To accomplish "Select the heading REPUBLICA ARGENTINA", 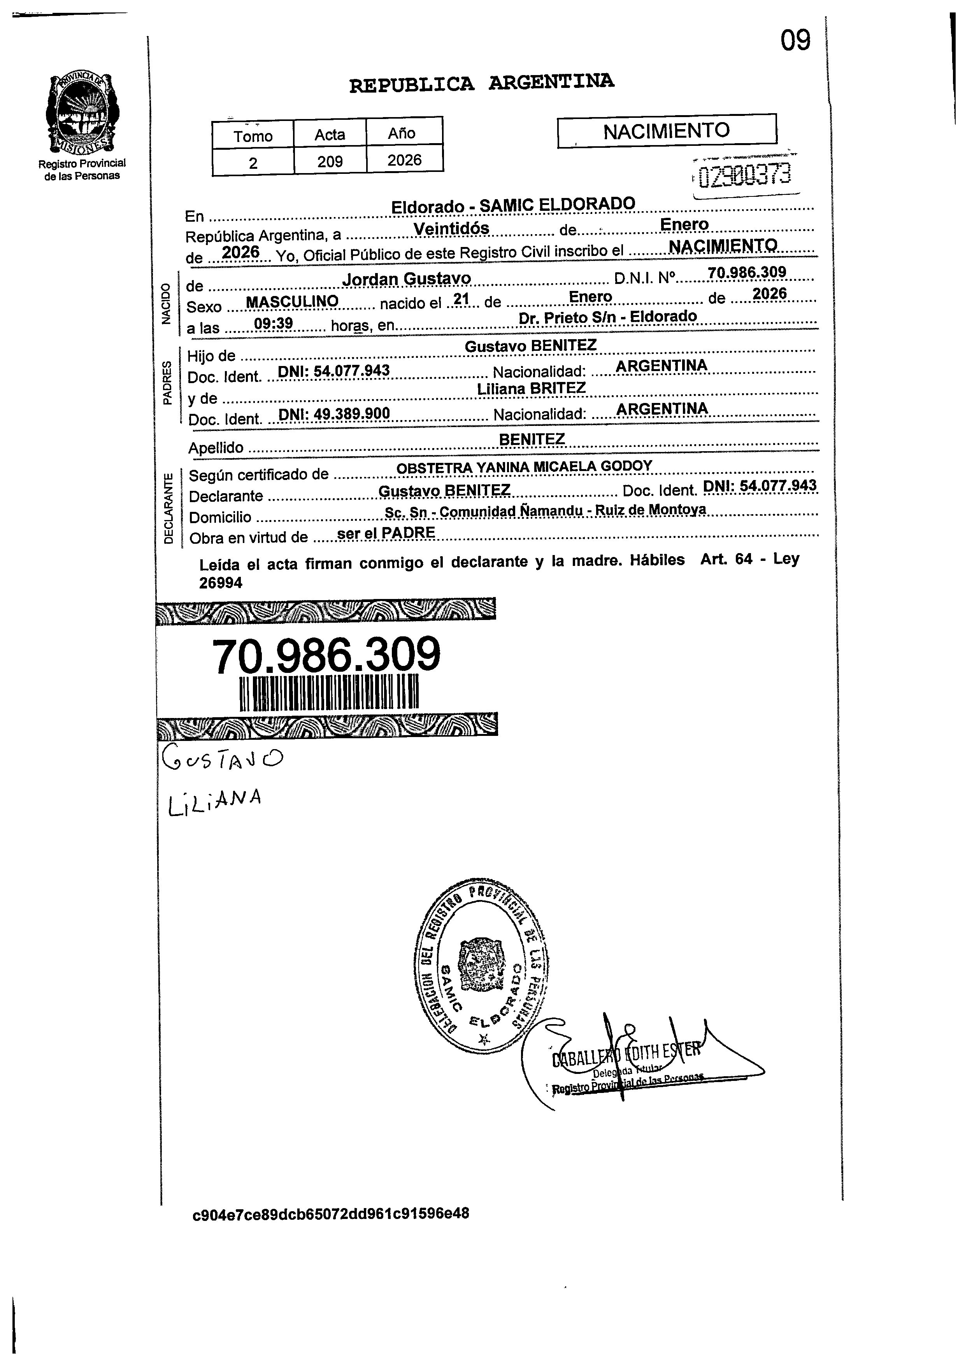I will (481, 83).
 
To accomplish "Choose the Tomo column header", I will (253, 136).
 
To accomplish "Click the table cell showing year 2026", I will (404, 160).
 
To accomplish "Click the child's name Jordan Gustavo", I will (407, 278).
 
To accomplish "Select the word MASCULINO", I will (292, 302).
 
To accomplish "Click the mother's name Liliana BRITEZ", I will (531, 389).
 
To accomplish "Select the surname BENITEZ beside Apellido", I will (532, 439).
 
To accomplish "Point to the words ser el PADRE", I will (386, 533).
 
